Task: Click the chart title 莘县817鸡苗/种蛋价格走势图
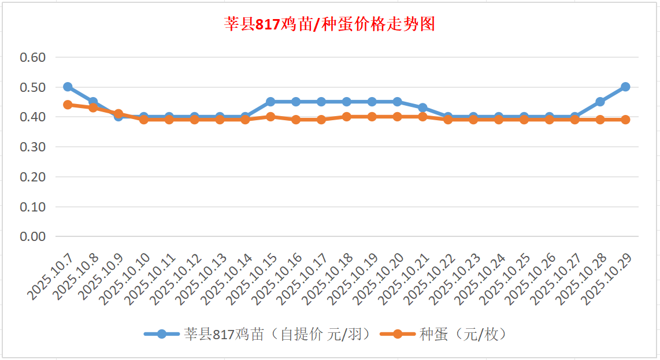[329, 25]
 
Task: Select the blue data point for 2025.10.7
[68, 87]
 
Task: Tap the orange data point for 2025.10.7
[68, 105]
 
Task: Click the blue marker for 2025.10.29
[625, 87]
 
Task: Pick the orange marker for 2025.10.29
[625, 120]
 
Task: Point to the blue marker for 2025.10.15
[270, 102]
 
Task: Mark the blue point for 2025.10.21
[422, 107]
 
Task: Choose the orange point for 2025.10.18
[347, 117]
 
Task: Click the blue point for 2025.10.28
[600, 102]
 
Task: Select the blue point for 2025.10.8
[93, 102]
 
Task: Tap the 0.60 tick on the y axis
[32, 57]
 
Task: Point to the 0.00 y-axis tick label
[32, 236]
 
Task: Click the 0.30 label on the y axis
[32, 147]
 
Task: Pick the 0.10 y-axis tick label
[32, 206]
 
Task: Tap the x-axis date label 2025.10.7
[51, 277]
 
